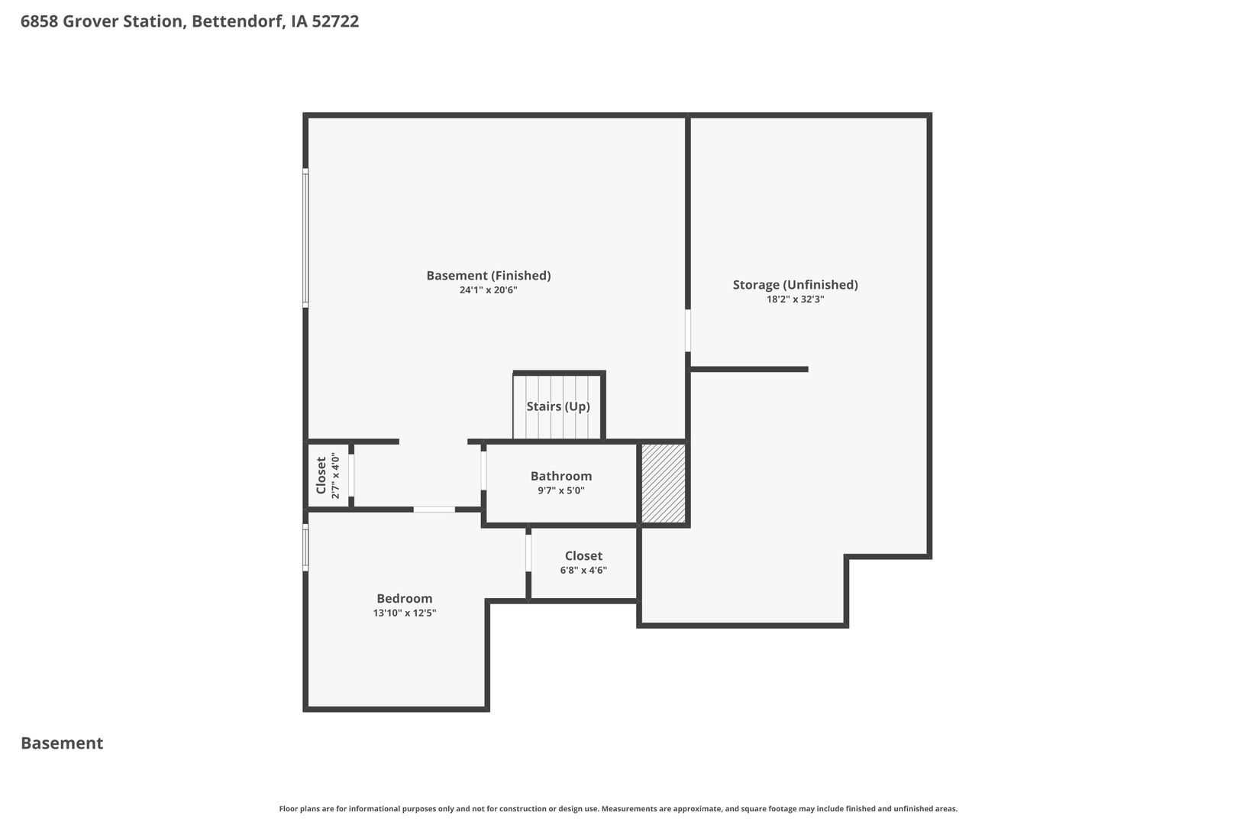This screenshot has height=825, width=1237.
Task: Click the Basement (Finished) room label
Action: point(488,276)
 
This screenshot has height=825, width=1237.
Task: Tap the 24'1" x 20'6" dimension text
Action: point(488,290)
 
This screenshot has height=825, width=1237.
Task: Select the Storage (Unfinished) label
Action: point(795,285)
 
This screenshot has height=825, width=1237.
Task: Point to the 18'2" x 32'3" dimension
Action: point(795,299)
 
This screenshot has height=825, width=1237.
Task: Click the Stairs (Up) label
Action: point(557,406)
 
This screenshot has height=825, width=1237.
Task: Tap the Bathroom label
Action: point(561,476)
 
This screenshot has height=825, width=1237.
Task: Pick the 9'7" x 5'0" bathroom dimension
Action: point(561,490)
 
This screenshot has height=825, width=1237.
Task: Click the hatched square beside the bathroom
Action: point(664,484)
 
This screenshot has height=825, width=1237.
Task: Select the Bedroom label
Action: point(404,598)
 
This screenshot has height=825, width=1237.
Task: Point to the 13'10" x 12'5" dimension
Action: point(404,613)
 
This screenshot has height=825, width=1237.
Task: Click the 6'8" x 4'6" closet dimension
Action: point(583,571)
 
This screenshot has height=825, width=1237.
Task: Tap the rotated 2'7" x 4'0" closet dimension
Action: point(335,476)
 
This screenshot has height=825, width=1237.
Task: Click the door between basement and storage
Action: point(687,331)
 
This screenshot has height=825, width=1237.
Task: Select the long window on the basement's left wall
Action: point(305,238)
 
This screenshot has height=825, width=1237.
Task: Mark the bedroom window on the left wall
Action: point(305,548)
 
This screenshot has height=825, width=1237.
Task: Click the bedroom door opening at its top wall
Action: point(434,510)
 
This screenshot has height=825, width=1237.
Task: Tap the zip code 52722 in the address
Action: point(335,21)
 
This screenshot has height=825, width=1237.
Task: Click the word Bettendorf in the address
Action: point(238,21)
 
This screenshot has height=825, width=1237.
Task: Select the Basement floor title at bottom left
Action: point(62,743)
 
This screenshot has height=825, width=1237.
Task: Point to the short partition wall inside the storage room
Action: point(749,369)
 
